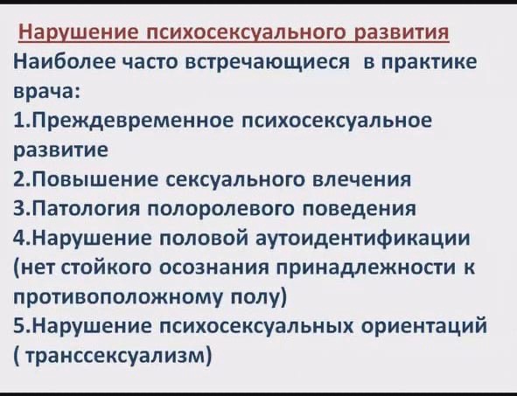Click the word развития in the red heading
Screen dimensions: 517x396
402,33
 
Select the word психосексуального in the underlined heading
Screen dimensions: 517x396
247,33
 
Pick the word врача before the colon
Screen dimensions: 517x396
44,91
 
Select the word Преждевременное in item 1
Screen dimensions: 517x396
133,122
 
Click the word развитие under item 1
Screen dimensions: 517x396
60,149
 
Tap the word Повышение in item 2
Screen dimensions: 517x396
95,180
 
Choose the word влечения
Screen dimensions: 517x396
361,180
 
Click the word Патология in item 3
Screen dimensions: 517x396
86,209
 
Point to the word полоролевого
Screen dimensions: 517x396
220,210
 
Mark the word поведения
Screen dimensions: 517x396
359,210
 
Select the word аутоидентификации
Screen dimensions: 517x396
363,239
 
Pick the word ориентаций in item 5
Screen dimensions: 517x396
424,326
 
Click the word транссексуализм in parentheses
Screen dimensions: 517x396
115,356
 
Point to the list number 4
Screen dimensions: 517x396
18,238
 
